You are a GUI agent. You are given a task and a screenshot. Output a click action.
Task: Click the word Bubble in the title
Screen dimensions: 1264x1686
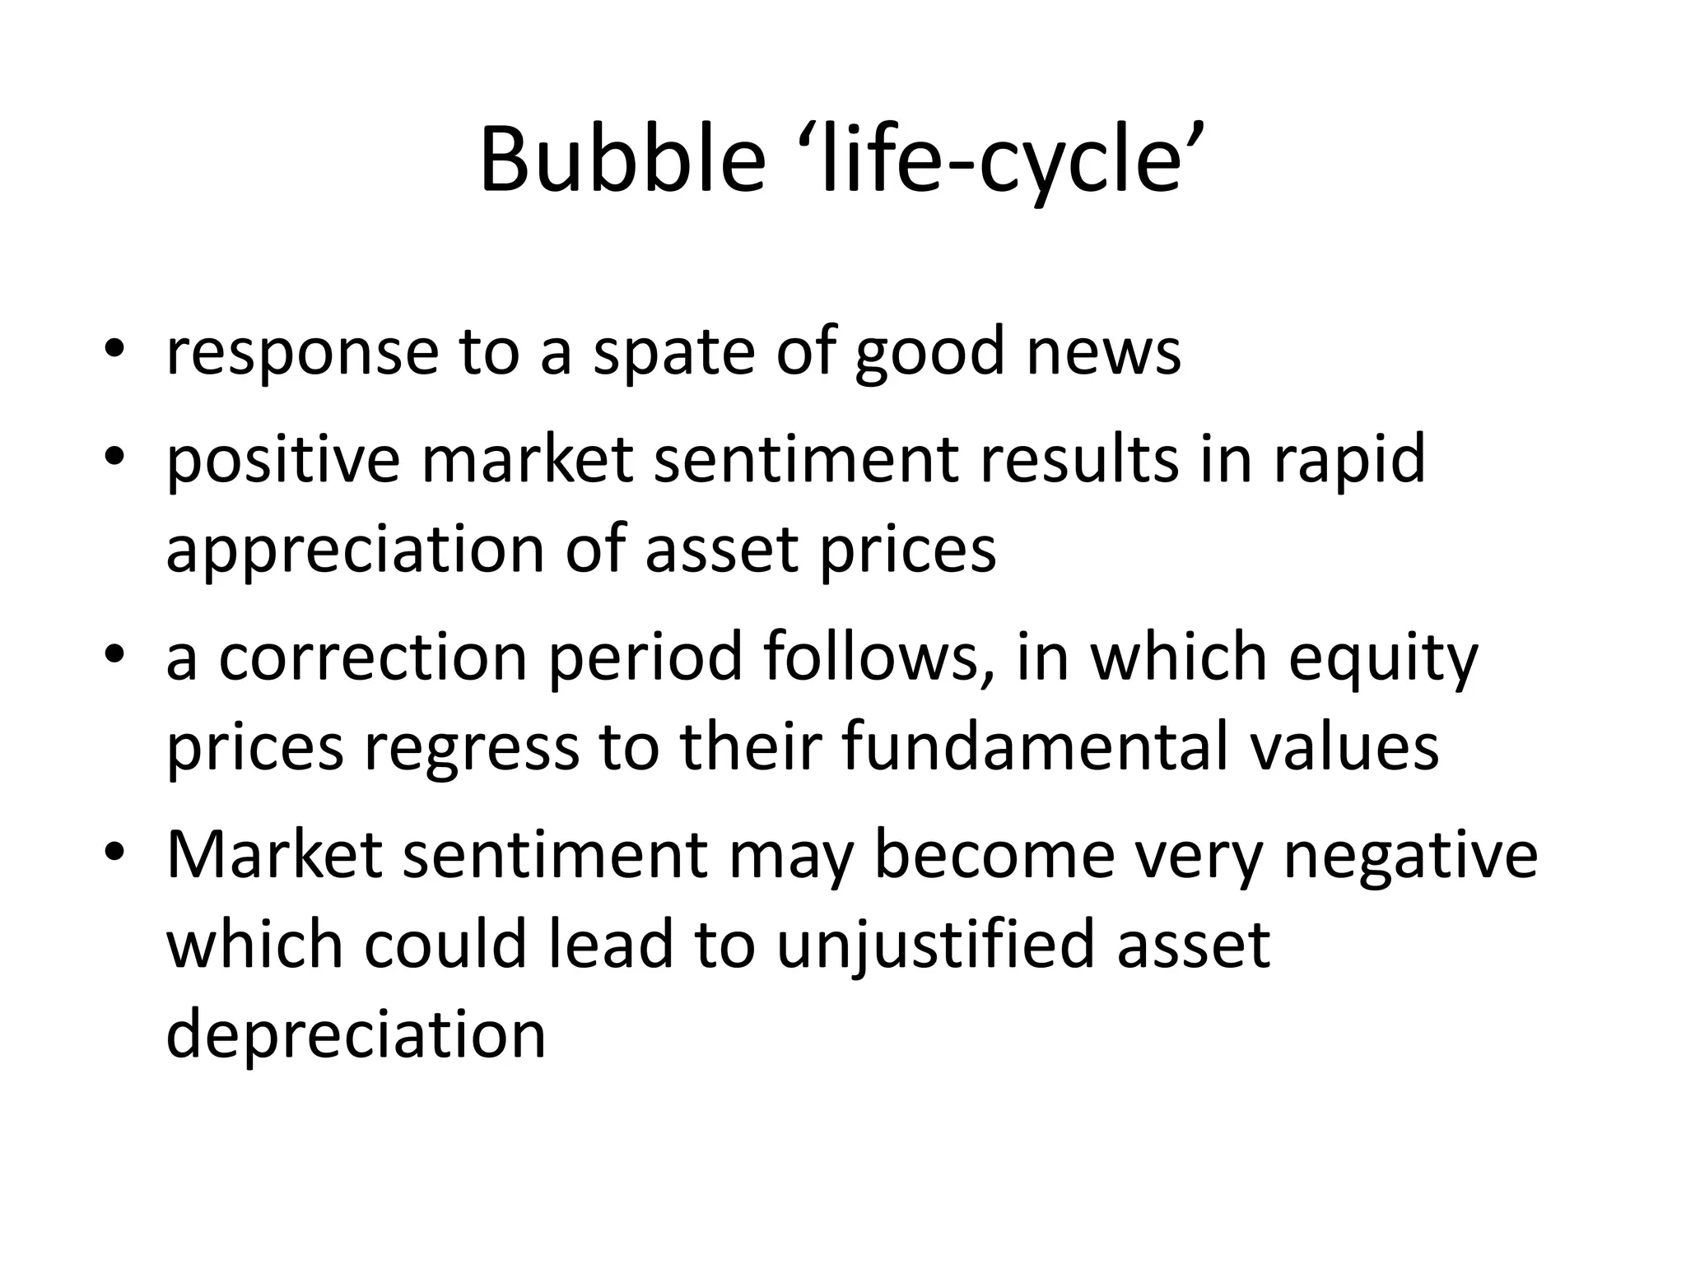click(622, 160)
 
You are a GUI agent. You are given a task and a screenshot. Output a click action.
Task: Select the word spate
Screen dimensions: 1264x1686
click(672, 352)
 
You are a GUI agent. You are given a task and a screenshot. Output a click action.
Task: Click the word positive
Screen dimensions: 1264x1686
click(283, 461)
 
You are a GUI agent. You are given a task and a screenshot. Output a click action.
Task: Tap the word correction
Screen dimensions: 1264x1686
click(372, 658)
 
